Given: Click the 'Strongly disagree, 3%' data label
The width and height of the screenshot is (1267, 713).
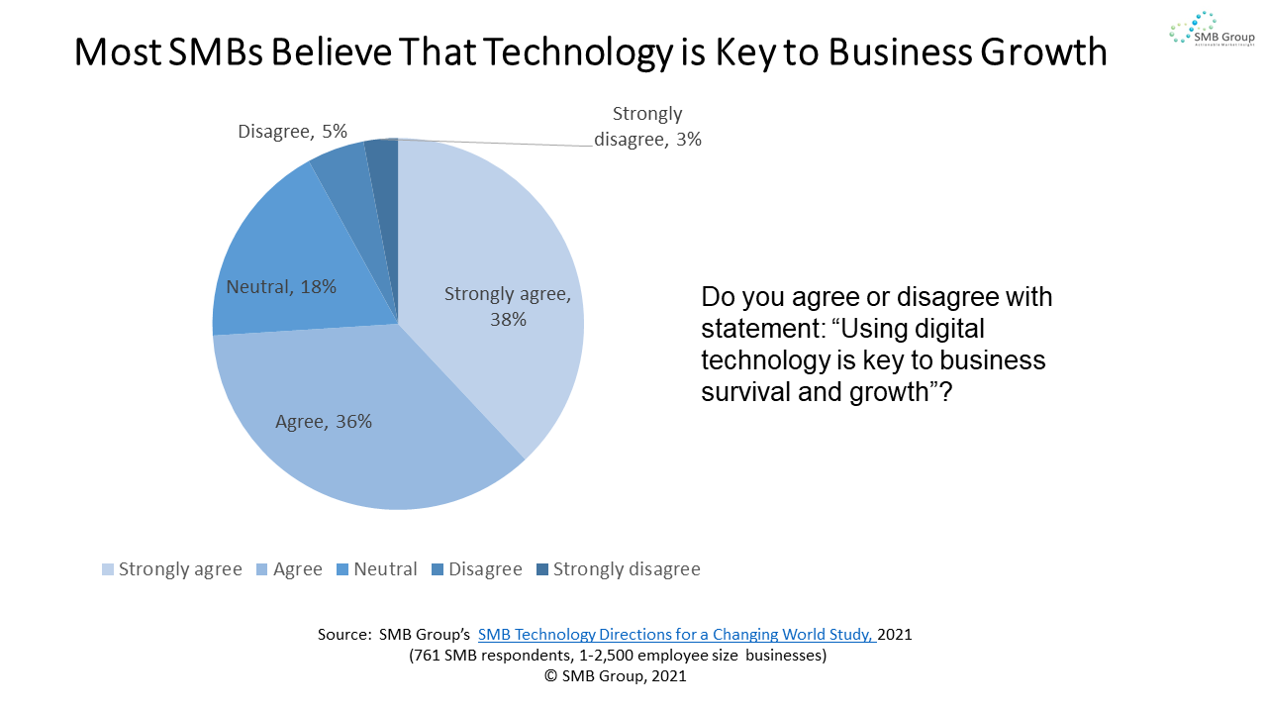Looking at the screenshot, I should (x=647, y=127).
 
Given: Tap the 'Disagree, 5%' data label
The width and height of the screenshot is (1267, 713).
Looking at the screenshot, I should (x=292, y=131).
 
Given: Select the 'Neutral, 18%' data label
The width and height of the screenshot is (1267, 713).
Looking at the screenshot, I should (x=281, y=287).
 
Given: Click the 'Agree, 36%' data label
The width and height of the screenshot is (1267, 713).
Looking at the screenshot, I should (x=324, y=421).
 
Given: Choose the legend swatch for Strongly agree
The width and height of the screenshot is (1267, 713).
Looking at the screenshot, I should (x=108, y=569).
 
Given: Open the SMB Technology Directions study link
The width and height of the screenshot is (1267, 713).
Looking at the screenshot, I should (x=676, y=634).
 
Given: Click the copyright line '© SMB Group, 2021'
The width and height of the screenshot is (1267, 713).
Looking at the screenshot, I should (x=615, y=675).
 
